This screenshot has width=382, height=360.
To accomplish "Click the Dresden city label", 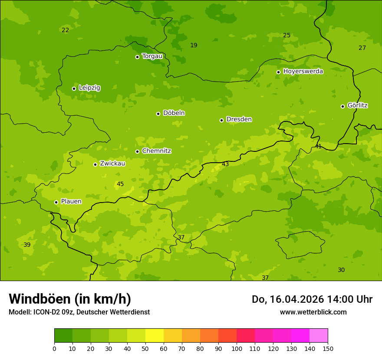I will point(239,119).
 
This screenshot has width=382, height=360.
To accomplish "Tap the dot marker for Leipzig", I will point(74,88).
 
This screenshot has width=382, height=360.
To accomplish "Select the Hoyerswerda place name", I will point(303,71).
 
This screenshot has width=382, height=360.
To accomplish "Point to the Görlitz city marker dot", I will point(342,106).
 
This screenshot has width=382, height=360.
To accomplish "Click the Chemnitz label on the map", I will point(156,151).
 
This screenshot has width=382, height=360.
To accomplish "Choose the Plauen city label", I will point(71,202).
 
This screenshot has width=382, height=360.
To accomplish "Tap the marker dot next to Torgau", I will point(137,57).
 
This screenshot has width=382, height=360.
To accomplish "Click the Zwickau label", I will point(112,164).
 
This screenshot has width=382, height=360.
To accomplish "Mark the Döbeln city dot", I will point(158,114).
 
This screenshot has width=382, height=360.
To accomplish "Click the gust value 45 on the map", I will point(120,184).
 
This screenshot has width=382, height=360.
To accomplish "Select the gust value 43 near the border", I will point(225,164).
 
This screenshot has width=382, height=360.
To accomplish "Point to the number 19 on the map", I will point(194,45).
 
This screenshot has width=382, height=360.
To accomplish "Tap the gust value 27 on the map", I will point(362,48).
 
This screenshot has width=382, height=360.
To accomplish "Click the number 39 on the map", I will point(27,245).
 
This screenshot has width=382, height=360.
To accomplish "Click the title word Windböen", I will point(39,299).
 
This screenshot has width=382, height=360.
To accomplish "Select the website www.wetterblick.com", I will point(313,312).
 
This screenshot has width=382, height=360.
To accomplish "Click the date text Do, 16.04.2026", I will point(287,299).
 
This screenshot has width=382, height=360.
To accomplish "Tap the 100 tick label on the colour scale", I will point(237,348).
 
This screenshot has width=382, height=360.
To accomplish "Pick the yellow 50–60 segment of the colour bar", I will point(155,336).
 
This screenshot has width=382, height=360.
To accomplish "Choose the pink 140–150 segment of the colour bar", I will point(319,336).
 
